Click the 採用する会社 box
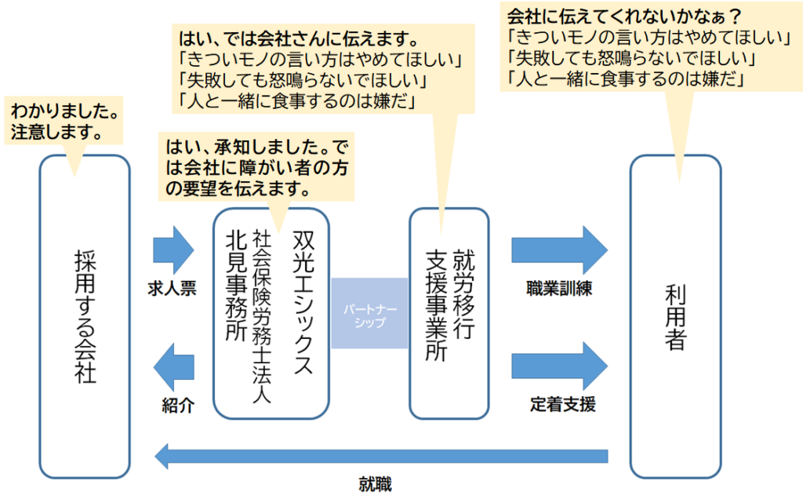tap(84, 316)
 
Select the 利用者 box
tap(675, 316)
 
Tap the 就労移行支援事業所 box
tap(449, 313)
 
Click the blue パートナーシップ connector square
tap(369, 313)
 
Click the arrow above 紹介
tap(173, 366)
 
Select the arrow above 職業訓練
tap(558, 250)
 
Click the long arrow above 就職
tap(381, 456)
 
